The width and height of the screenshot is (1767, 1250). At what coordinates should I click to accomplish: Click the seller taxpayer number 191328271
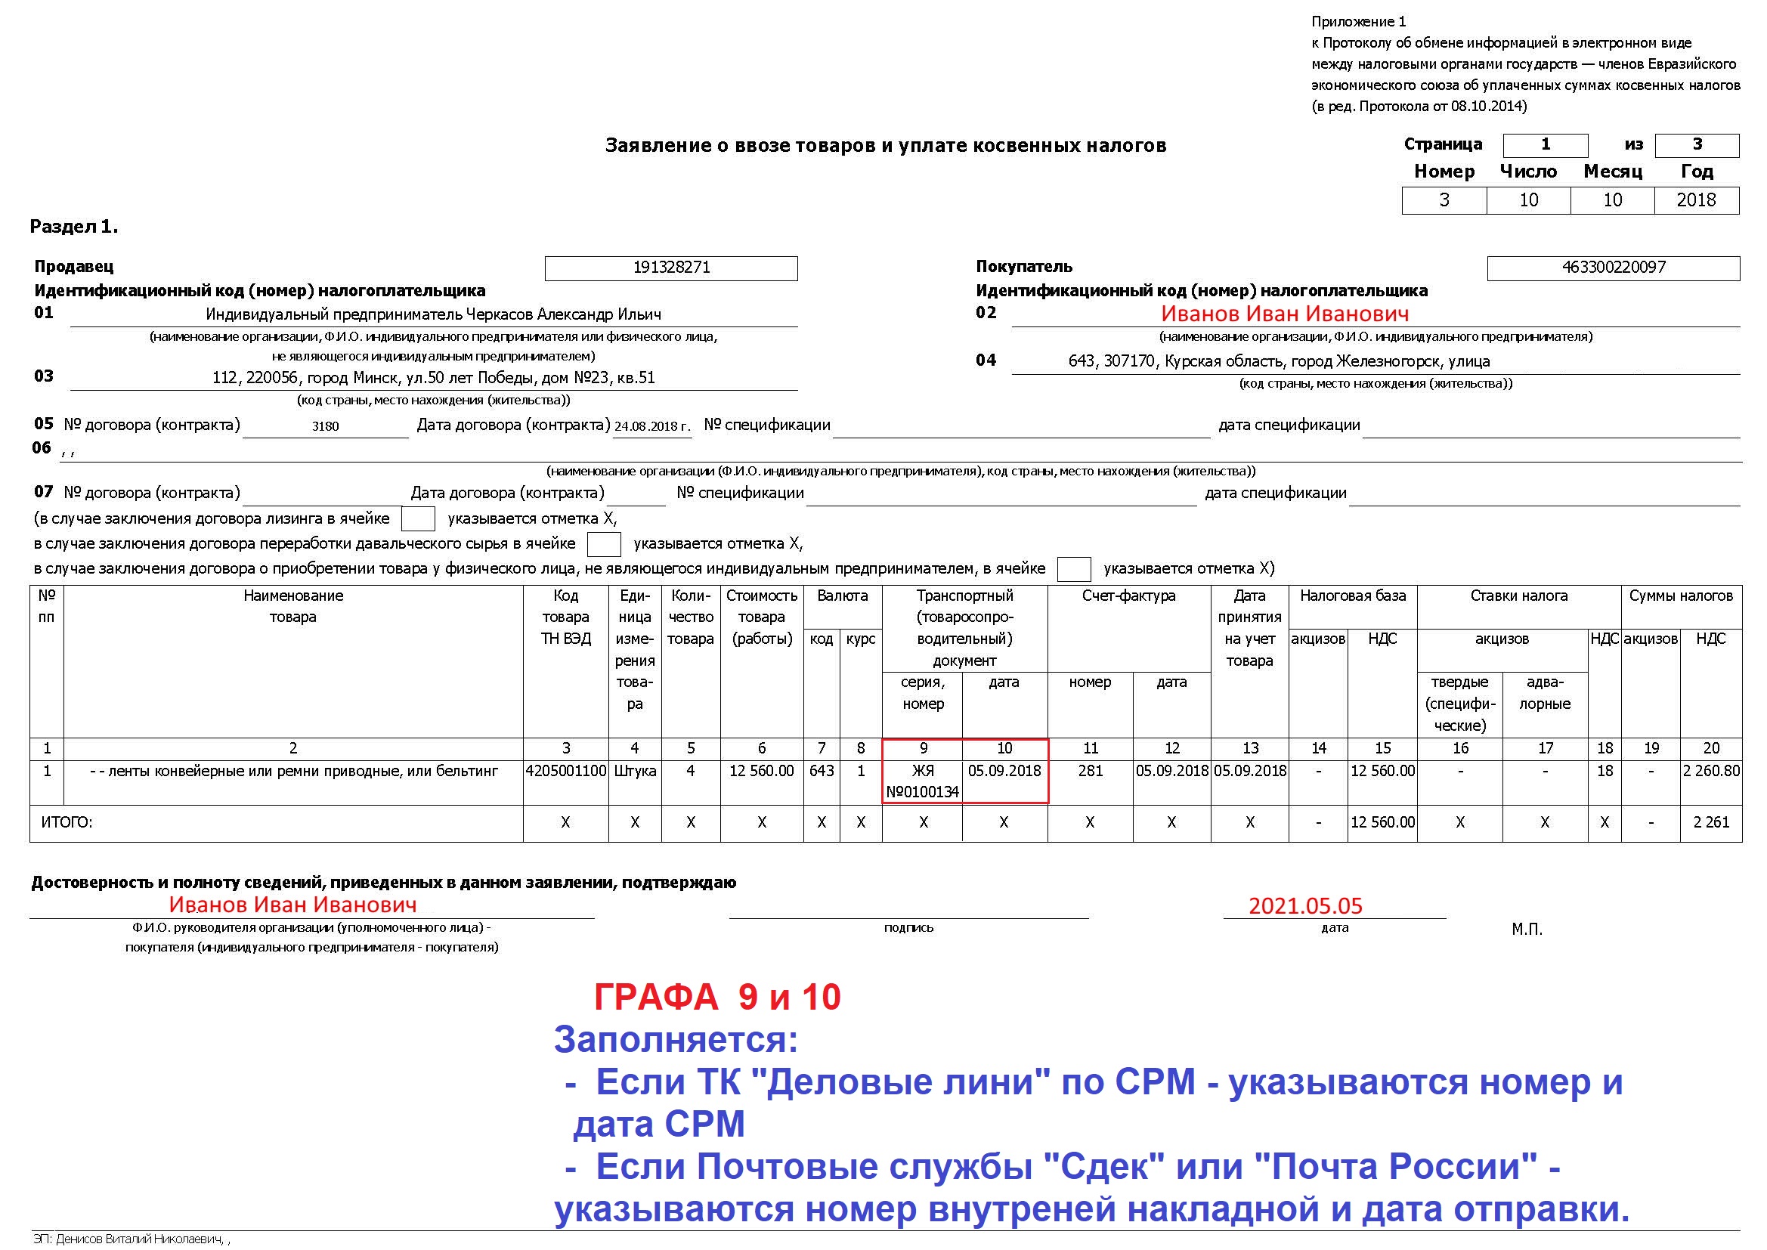point(671,268)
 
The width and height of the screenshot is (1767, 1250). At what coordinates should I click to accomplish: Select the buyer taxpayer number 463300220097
point(1613,268)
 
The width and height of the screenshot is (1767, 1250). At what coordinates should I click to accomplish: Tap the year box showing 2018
point(1696,200)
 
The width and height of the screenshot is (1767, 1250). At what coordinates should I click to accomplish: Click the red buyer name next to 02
point(1285,314)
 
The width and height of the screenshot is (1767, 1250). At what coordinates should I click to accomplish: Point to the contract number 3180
point(326,426)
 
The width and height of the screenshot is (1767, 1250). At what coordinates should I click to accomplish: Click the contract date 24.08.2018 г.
point(651,426)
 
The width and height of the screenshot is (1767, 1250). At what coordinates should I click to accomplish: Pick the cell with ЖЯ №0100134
point(922,781)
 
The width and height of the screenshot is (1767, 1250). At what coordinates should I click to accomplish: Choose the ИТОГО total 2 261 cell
point(1711,822)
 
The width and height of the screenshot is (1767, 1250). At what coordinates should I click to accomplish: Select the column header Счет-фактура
point(1128,596)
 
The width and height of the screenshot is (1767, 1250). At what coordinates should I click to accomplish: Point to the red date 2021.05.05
point(1305,906)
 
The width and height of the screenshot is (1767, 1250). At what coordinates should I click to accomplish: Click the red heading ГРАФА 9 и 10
point(717,998)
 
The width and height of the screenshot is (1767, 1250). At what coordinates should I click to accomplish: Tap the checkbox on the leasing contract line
point(419,518)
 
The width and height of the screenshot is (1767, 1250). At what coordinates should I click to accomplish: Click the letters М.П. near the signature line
point(1527,929)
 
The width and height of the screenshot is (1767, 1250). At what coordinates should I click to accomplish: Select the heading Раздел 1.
point(74,227)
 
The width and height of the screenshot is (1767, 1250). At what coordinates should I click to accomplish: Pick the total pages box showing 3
point(1696,144)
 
